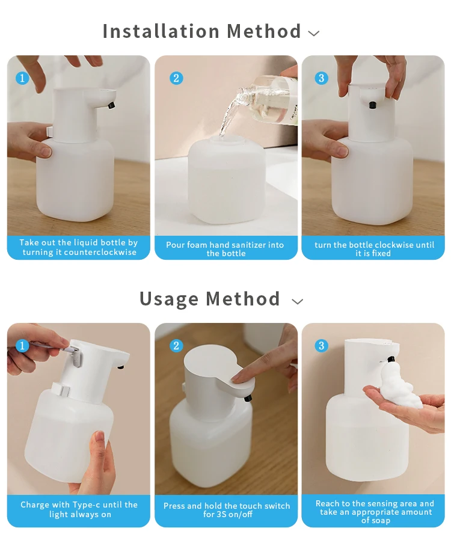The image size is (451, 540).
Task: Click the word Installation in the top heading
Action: point(161,31)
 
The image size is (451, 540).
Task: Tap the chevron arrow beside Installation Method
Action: point(314,34)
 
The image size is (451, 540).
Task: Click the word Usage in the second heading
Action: point(169,299)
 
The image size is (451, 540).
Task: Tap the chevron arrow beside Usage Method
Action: point(298,302)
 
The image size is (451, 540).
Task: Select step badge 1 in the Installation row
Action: point(22,78)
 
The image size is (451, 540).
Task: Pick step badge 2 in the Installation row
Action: point(176,78)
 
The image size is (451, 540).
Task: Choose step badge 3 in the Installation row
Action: point(322,78)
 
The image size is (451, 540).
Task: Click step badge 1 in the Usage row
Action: point(22,345)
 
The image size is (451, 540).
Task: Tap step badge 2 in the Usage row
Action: point(176,345)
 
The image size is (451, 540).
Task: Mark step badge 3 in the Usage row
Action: point(322,345)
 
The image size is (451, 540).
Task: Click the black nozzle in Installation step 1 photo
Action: point(111,105)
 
